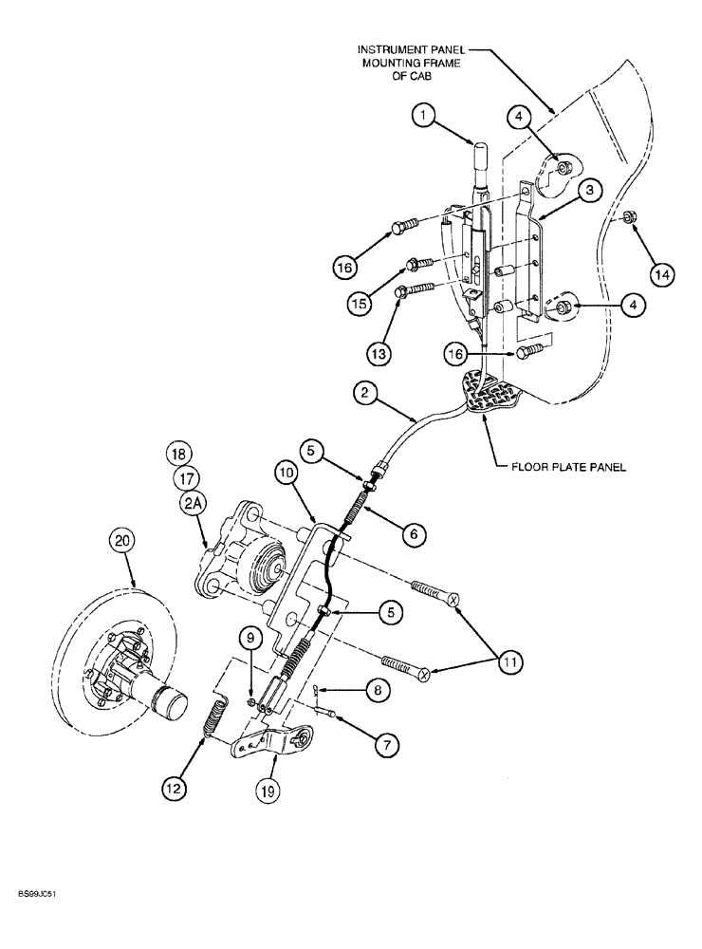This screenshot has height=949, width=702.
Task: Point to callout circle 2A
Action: tap(194, 507)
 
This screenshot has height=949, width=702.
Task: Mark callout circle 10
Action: tap(288, 471)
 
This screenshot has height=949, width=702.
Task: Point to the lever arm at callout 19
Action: tap(270, 739)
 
